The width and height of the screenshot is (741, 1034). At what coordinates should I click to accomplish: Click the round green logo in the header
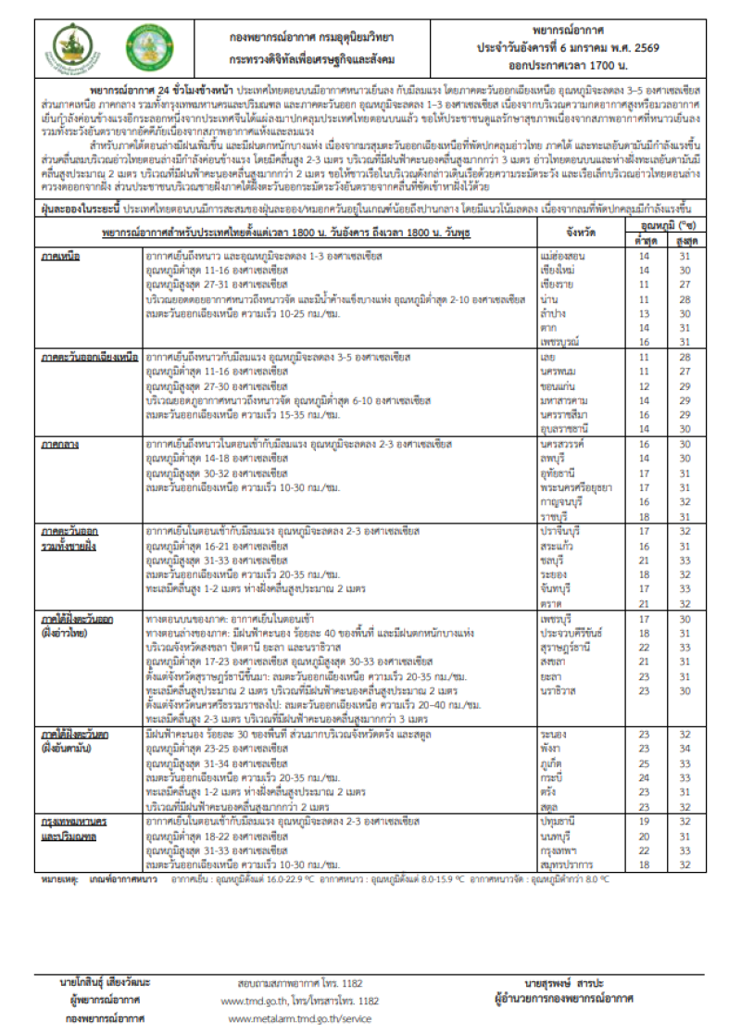(149, 49)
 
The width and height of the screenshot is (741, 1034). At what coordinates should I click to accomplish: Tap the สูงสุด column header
(684, 239)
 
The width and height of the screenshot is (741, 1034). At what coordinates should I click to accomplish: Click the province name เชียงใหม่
(554, 271)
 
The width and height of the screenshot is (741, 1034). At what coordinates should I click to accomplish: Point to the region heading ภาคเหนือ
(59, 255)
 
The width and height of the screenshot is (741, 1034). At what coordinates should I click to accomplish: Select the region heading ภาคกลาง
(59, 445)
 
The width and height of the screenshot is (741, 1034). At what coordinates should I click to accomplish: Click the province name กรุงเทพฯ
(557, 850)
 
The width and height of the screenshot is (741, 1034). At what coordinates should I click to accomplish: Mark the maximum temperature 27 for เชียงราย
(684, 285)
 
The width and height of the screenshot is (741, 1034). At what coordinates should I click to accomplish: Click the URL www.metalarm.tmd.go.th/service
(299, 1017)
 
